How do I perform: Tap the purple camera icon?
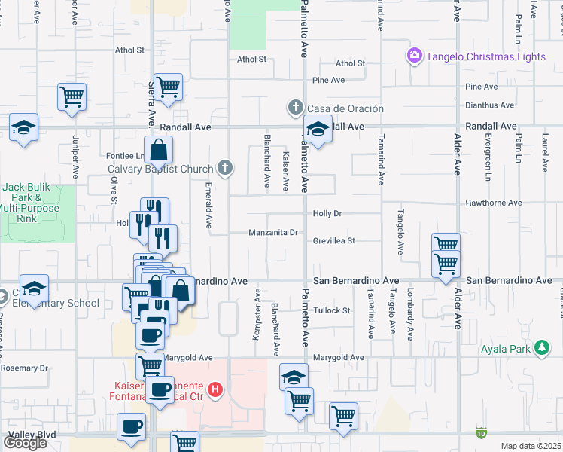click(x=414, y=56)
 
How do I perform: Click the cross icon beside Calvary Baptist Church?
click(x=224, y=166)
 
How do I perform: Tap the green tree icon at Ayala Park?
click(x=540, y=347)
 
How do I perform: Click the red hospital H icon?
click(x=216, y=389)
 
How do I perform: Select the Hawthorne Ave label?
click(x=494, y=203)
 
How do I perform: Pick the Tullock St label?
click(x=332, y=310)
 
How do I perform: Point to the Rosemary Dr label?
click(x=24, y=368)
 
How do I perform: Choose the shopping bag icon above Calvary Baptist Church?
click(x=159, y=151)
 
